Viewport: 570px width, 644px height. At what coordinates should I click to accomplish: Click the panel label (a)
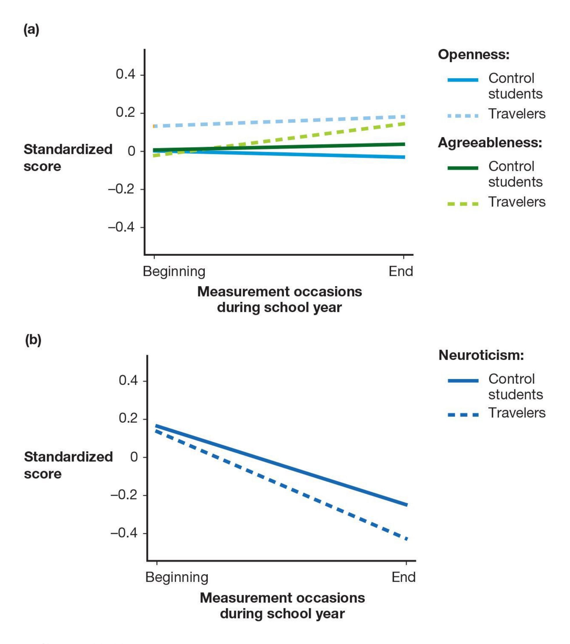(31, 30)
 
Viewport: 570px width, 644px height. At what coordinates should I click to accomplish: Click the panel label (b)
(33, 340)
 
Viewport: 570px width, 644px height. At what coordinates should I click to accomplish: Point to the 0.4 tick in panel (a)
(125, 74)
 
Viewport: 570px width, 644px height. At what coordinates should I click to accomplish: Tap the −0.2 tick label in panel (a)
(122, 189)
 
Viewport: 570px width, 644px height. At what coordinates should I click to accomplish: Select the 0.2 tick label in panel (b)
(128, 418)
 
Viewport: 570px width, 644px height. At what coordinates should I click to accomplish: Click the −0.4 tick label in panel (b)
(124, 533)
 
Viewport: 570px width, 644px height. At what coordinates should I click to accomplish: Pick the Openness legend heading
(473, 55)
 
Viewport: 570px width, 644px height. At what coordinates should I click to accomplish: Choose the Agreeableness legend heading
(490, 143)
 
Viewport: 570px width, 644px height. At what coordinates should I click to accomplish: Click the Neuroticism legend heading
(481, 355)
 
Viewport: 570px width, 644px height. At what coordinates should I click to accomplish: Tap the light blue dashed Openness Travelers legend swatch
(463, 116)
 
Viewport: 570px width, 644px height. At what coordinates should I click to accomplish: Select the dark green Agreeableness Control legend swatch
(463, 168)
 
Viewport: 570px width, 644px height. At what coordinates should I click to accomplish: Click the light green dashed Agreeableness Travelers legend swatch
(463, 204)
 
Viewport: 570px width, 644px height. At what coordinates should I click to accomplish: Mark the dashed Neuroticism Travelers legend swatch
(463, 415)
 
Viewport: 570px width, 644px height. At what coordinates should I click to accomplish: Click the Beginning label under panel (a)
(174, 271)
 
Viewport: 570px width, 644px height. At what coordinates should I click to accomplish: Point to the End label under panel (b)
(403, 577)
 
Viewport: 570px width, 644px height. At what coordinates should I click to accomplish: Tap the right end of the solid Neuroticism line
(407, 505)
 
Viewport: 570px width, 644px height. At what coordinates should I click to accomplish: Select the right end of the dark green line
(404, 144)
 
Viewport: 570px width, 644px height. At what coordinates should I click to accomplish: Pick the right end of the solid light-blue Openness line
(404, 157)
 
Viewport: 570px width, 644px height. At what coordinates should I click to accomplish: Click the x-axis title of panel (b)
(282, 606)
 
